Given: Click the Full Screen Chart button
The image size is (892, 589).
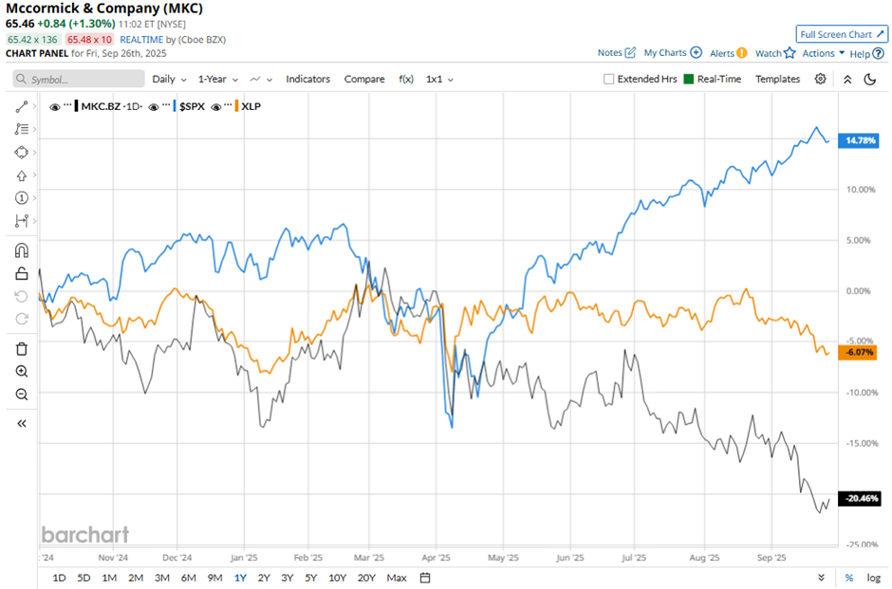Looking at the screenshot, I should pos(842,34).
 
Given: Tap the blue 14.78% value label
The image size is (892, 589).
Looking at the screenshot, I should pos(861,140).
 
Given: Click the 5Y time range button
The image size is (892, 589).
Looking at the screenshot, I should pos(311,578).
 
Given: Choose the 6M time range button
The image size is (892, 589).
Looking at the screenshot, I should pos(188,578).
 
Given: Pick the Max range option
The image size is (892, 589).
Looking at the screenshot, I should pos(397,578).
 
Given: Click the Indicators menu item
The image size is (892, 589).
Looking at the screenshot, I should pos(307,79).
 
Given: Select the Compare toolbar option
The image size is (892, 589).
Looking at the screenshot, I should pos(364,79).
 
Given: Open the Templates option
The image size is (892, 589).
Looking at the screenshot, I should pos(777,79).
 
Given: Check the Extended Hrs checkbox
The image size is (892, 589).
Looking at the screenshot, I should pos(609,79).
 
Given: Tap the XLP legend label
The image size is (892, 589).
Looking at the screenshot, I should pos(251,106).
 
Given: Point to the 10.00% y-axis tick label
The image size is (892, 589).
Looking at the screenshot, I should pos(859,190).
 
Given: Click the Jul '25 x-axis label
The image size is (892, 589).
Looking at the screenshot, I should pos(634,559).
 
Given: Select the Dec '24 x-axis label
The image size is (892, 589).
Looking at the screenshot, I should pos(177,559).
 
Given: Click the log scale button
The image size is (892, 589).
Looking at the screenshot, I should pos(873,578).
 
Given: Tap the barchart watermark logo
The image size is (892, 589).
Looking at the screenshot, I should pos(84,535).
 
